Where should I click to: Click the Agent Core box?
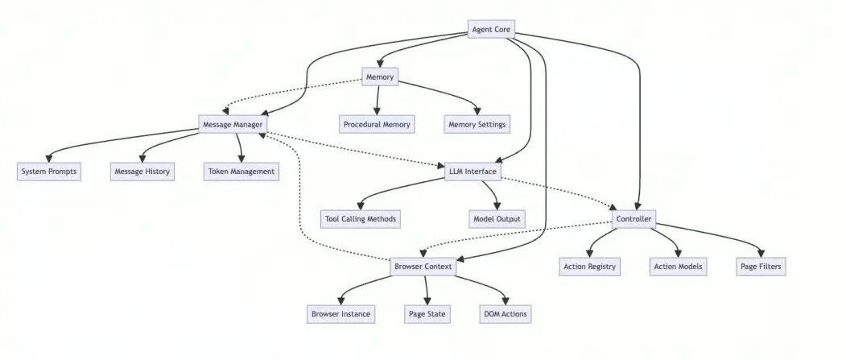[491, 30]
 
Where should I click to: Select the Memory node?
[380, 77]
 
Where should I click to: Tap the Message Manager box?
[233, 125]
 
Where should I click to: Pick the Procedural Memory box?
[377, 125]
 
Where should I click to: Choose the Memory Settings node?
[477, 125]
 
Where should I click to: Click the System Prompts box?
[48, 172]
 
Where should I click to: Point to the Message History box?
[142, 172]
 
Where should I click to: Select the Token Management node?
[241, 172]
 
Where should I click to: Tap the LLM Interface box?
[473, 172]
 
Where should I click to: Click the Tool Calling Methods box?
[361, 219]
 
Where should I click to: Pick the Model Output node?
[497, 219]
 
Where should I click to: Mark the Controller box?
[634, 219]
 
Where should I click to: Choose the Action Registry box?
[589, 267]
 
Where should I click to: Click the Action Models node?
[679, 267]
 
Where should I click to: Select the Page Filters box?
[761, 267]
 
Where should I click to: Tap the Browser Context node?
[423, 267]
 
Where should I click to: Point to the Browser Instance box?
[341, 313]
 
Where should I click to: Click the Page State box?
[427, 313]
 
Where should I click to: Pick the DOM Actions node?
[505, 313]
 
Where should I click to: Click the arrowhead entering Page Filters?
[761, 253]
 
